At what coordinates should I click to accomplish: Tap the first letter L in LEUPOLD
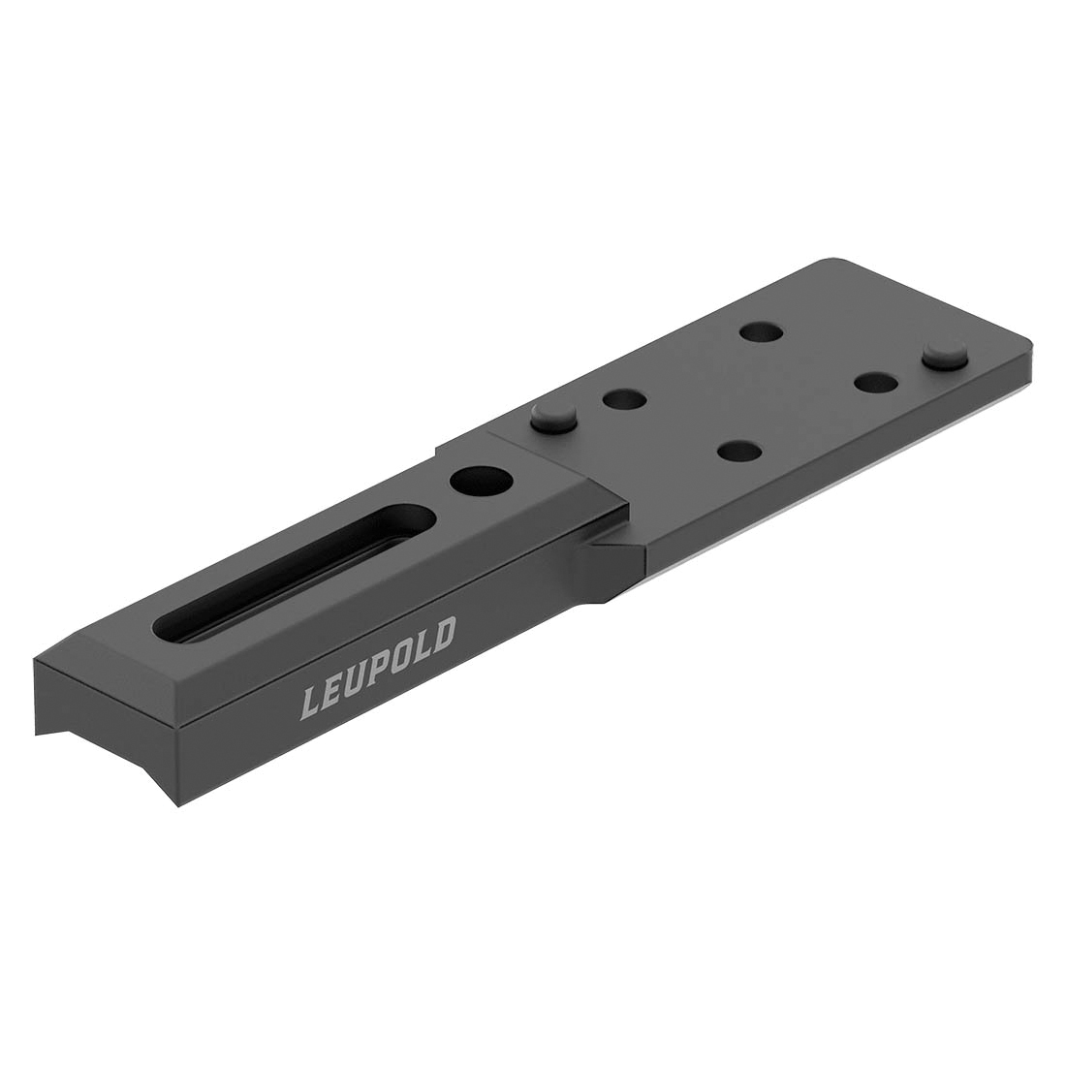[x=314, y=700]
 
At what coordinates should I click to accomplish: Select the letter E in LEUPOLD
[x=335, y=689]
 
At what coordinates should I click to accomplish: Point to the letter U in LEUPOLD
[x=358, y=678]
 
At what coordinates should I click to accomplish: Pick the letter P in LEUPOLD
[x=380, y=667]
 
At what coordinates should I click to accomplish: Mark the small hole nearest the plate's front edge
[x=739, y=451]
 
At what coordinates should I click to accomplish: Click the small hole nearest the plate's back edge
[x=761, y=333]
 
